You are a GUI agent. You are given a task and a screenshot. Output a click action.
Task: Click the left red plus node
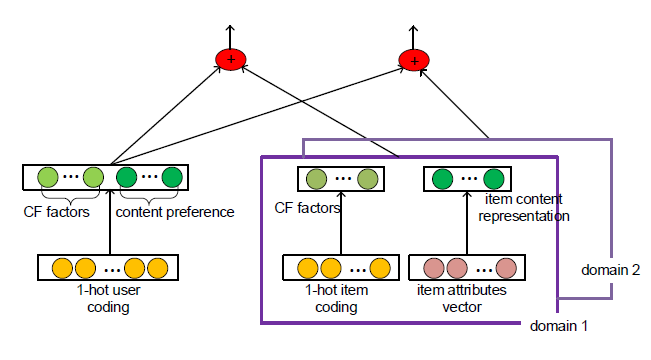coord(231,61)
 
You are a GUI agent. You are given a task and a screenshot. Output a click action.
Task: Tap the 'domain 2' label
coord(606,269)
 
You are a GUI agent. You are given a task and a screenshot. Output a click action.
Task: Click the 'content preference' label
coord(175,211)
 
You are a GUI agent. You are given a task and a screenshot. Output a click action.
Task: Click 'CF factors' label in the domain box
coord(309,209)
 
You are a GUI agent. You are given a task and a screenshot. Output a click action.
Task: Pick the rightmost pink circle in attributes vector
coord(506,269)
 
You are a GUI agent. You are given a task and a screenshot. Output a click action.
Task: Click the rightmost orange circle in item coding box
coord(379,269)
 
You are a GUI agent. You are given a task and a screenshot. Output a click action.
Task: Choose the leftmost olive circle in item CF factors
coord(315,180)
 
